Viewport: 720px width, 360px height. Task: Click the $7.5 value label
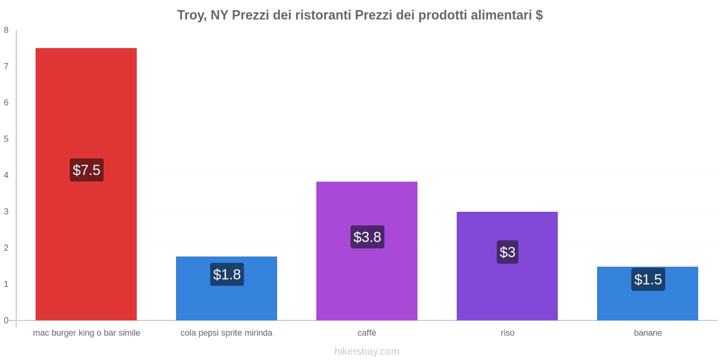pos(86,170)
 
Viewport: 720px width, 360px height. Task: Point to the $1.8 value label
pos(227,274)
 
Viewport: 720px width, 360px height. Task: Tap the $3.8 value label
pos(367,237)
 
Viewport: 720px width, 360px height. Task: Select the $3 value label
pos(508,252)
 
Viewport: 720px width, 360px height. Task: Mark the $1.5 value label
pos(648,279)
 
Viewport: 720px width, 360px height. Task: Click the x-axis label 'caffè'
pos(367,333)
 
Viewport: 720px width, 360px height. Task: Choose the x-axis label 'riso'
pos(508,333)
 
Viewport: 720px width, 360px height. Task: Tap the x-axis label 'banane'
pos(648,333)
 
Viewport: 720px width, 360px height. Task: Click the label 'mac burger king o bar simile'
pos(86,333)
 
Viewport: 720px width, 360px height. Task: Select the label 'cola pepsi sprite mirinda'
pos(226,333)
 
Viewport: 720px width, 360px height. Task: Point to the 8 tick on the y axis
pos(6,30)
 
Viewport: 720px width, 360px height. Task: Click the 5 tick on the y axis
pos(6,139)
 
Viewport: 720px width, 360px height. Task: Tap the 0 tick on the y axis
pos(6,320)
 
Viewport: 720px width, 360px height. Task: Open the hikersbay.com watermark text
pos(367,351)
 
